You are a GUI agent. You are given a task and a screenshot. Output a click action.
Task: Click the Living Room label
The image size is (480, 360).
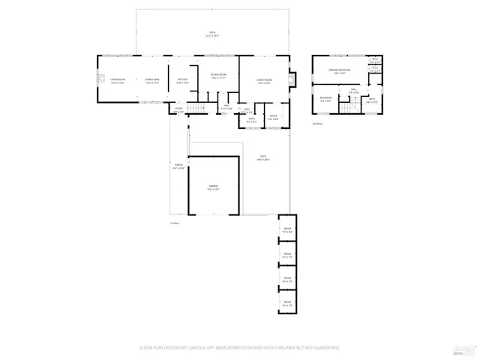pyautogui.click(x=116, y=79)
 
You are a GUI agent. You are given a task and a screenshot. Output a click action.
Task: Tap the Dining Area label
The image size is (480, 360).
pyautogui.click(x=151, y=79)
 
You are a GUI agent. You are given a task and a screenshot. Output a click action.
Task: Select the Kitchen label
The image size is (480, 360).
pyautogui.click(x=181, y=79)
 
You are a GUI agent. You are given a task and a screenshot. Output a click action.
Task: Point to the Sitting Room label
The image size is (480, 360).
pyautogui.click(x=219, y=76)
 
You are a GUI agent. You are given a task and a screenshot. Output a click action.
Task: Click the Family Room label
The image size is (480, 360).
pyautogui.click(x=263, y=79)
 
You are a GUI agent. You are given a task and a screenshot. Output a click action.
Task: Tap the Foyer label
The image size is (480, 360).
pyautogui.click(x=179, y=109)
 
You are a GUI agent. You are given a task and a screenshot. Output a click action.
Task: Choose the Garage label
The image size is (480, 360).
pyautogui.click(x=213, y=188)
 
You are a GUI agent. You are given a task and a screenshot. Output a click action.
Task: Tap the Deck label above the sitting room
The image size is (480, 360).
pyautogui.click(x=212, y=34)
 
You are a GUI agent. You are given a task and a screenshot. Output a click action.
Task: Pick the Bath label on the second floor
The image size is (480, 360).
pyautogui.click(x=372, y=100)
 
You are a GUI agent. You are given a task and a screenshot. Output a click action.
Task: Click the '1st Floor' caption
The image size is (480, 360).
pyautogui.click(x=174, y=223)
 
